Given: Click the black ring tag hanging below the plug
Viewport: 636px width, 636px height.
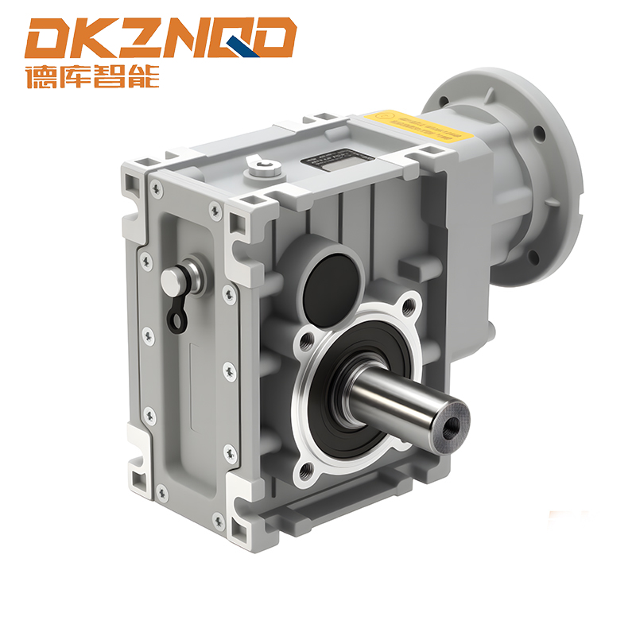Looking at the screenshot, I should [x=176, y=316].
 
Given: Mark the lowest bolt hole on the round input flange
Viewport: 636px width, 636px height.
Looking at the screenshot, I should [x=533, y=256].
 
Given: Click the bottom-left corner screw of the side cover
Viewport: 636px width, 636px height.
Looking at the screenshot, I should [x=164, y=494].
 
